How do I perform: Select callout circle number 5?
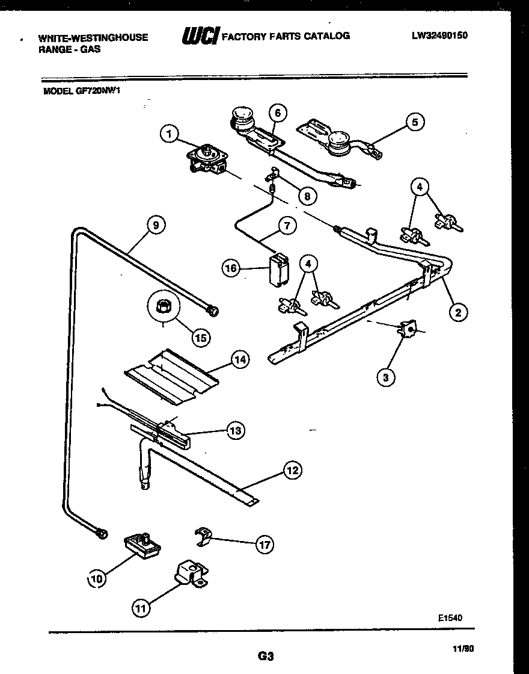click(414, 122)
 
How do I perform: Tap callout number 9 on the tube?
click(156, 225)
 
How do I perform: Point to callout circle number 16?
click(231, 269)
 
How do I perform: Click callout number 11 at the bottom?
click(141, 608)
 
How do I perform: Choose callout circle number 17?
click(263, 545)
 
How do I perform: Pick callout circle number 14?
click(240, 360)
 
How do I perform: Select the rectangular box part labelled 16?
click(277, 270)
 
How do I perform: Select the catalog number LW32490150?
click(439, 36)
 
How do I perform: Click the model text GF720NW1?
click(82, 91)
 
